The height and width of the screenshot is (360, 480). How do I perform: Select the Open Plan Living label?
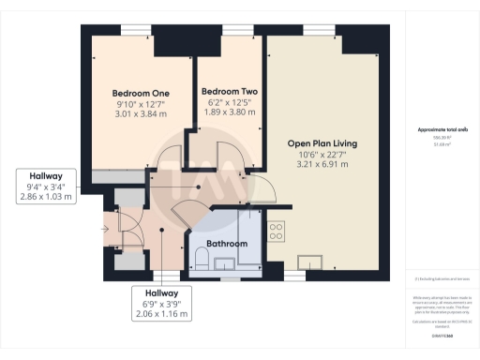(x=322, y=143)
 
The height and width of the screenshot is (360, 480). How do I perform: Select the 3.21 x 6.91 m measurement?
(x=322, y=164)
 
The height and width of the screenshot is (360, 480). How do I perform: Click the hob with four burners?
(x=277, y=229)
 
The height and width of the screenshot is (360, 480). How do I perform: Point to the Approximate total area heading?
(x=441, y=130)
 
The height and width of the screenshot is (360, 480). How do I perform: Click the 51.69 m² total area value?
(x=441, y=145)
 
